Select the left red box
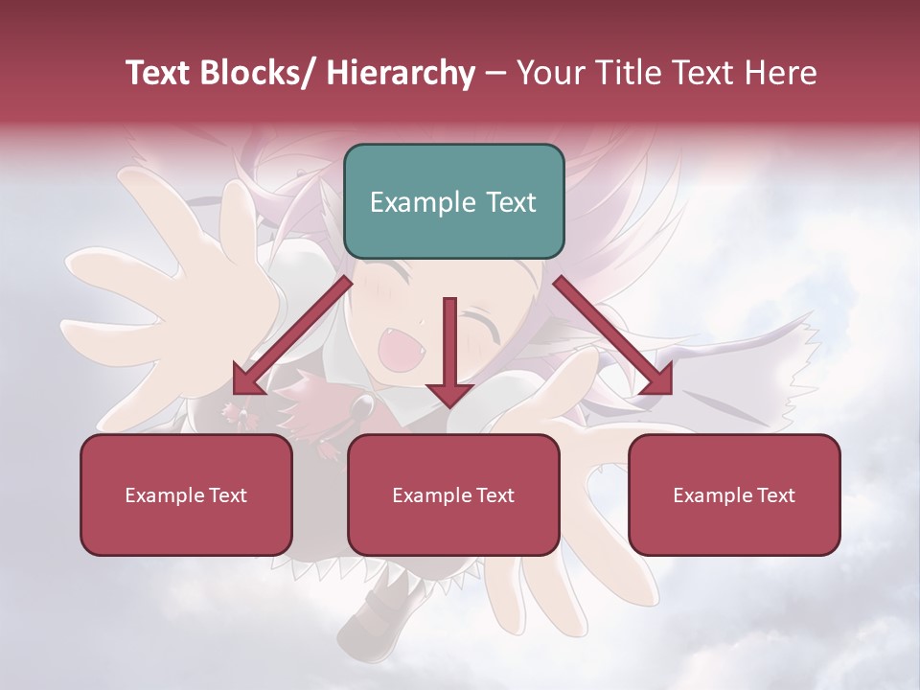(x=186, y=494)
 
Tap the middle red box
(x=453, y=494)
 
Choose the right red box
(x=734, y=494)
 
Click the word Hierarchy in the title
(x=401, y=73)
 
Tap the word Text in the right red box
(x=774, y=495)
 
